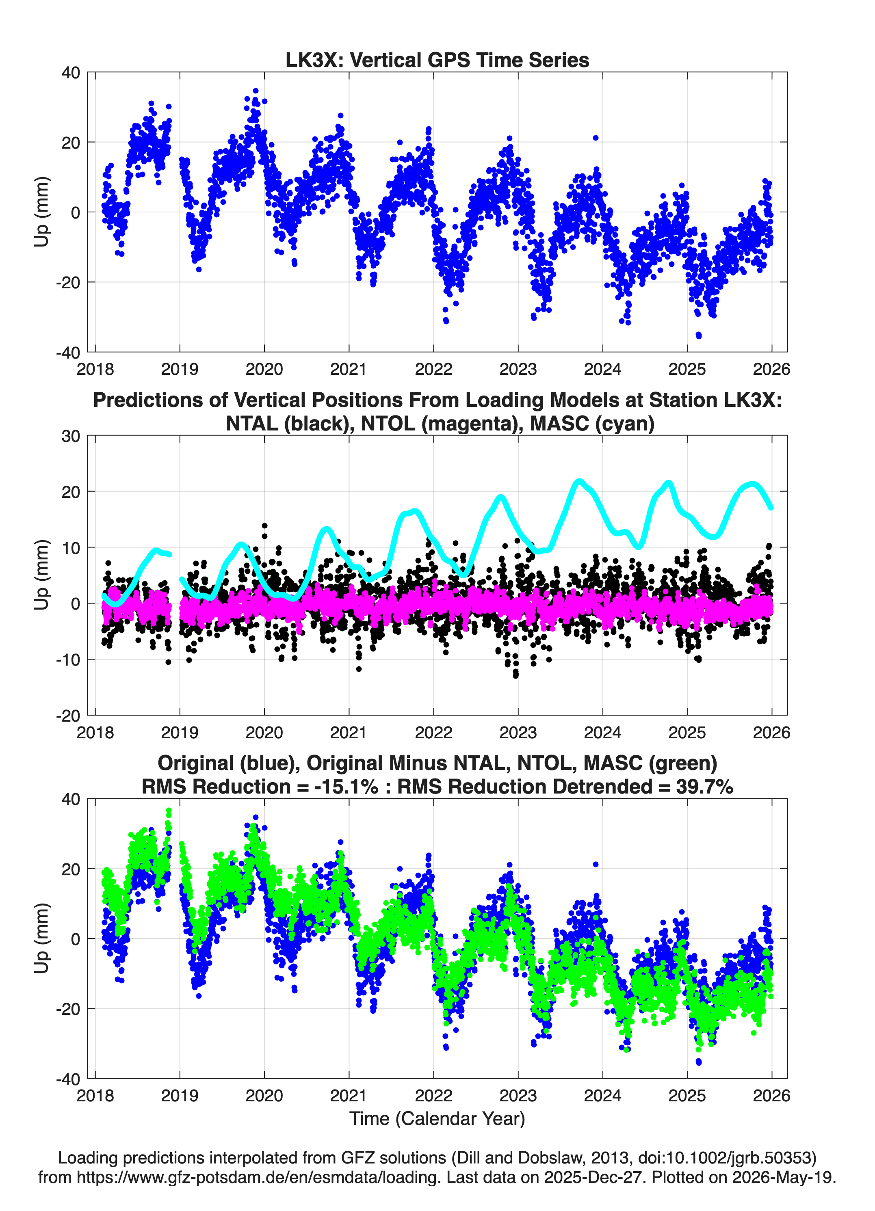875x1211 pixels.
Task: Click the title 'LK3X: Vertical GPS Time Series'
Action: coord(437,60)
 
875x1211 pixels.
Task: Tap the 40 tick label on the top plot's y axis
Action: coord(71,73)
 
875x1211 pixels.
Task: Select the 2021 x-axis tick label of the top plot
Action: coord(349,369)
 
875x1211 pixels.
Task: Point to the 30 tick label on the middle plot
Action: coord(71,436)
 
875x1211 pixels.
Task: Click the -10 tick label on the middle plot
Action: coord(68,660)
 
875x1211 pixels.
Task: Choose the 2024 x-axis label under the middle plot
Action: coord(602,733)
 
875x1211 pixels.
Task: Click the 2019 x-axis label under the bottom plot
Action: coord(180,1096)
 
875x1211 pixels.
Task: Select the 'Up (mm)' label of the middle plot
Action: coord(42,575)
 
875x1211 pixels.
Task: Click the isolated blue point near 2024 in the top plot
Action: coord(596,138)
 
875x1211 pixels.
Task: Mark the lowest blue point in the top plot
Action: coord(698,335)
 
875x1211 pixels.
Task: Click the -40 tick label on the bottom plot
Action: coord(68,1079)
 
